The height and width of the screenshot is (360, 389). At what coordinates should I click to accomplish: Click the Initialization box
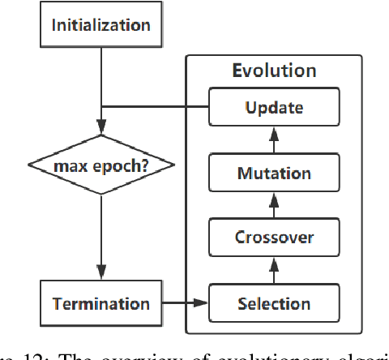101,25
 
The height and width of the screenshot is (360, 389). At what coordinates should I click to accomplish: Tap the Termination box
101,304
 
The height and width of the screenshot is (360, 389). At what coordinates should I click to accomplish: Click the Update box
273,107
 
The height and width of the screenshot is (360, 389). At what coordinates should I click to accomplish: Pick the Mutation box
273,173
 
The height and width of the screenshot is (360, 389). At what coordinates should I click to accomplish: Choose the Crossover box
273,238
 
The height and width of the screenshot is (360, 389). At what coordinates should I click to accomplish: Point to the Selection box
273,304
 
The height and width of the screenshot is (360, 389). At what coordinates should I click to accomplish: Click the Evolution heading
273,71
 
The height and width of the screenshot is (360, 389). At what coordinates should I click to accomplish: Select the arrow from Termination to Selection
186,304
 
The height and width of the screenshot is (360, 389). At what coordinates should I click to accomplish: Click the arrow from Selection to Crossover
273,271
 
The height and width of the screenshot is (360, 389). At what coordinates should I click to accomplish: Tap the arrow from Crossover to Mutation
273,205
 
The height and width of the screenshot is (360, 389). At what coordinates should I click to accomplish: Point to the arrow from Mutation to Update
273,139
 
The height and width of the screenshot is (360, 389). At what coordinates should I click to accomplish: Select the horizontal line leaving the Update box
154,107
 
